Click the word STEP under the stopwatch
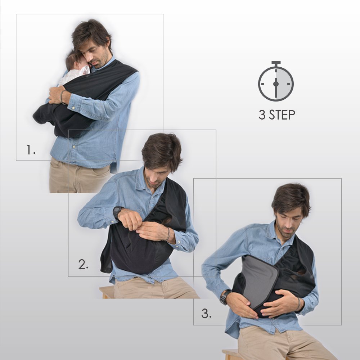tap(282, 115)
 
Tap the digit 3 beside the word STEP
tap(262, 115)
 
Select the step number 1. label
tap(31, 150)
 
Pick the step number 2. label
tap(83, 264)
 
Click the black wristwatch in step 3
tap(225, 297)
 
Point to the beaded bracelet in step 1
tap(62, 96)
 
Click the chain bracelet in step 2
tap(168, 234)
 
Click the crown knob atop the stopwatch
tap(276, 63)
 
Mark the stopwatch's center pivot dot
tap(276, 84)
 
